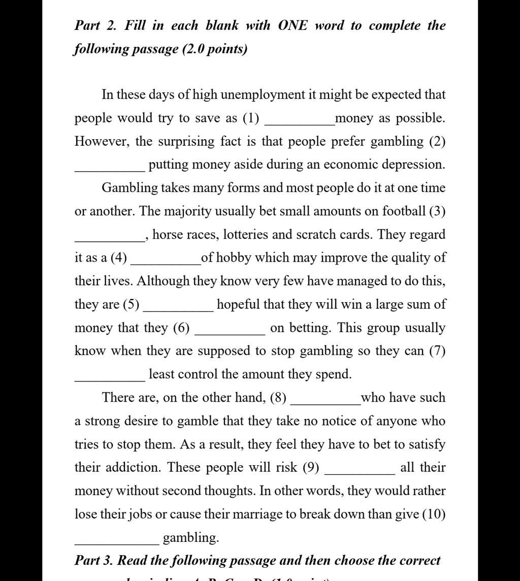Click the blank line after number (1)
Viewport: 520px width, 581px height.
[300, 122]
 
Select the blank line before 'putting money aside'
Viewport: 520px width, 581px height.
[110, 169]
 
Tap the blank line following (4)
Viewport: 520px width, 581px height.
[166, 262]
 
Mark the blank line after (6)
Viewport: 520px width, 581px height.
[230, 332]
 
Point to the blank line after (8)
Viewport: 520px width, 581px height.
[325, 402]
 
